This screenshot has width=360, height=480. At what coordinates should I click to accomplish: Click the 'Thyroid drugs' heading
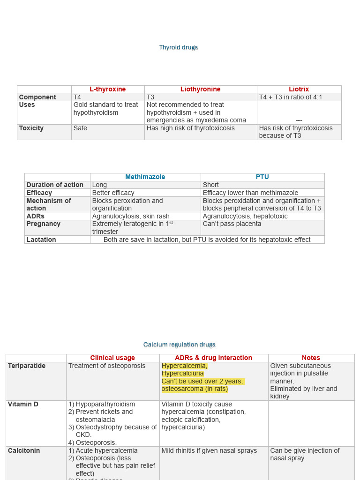pyautogui.click(x=178, y=47)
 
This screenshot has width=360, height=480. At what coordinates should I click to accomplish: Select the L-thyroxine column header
pyautogui.click(x=107, y=89)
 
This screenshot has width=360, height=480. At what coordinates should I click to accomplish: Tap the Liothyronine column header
pyautogui.click(x=200, y=89)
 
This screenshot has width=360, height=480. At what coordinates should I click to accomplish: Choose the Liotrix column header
pyautogui.click(x=299, y=89)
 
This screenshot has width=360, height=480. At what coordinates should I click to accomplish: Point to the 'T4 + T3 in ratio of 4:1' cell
pyautogui.click(x=291, y=97)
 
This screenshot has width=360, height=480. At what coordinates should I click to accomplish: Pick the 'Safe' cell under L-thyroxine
pyautogui.click(x=80, y=128)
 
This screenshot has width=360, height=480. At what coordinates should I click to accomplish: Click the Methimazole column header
pyautogui.click(x=145, y=177)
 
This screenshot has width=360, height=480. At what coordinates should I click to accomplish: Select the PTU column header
pyautogui.click(x=262, y=177)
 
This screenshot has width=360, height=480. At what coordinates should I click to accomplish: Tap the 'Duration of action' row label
pyautogui.click(x=55, y=185)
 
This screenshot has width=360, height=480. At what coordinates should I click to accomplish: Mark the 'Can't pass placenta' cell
pyautogui.click(x=232, y=224)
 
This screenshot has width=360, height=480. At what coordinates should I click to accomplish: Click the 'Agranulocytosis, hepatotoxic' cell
pyautogui.click(x=245, y=216)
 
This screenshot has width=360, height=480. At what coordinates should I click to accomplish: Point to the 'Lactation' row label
pyautogui.click(x=41, y=240)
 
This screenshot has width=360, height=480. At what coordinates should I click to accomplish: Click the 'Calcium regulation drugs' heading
pyautogui.click(x=179, y=345)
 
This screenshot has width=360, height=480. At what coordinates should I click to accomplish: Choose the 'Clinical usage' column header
pyautogui.click(x=112, y=358)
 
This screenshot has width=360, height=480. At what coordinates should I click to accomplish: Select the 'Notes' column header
pyautogui.click(x=311, y=358)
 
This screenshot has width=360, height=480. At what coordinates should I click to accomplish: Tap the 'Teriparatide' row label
pyautogui.click(x=27, y=366)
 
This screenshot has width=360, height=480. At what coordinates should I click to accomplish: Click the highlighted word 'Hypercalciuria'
pyautogui.click(x=182, y=374)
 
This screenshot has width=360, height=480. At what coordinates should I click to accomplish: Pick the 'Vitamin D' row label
pyautogui.click(x=23, y=404)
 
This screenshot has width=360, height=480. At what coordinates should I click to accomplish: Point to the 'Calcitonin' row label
pyautogui.click(x=24, y=450)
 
